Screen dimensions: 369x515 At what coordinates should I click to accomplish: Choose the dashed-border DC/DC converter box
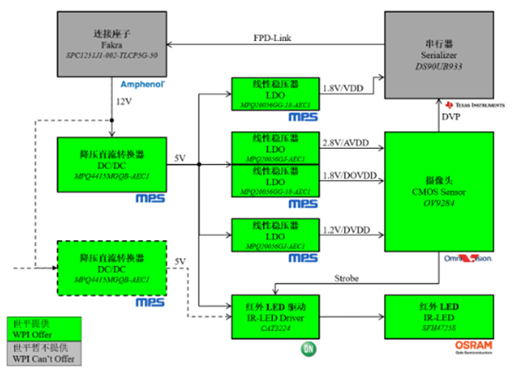click(111, 268)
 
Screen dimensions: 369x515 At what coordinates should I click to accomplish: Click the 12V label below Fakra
click(125, 101)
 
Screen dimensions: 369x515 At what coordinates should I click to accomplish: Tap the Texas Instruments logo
click(477, 105)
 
